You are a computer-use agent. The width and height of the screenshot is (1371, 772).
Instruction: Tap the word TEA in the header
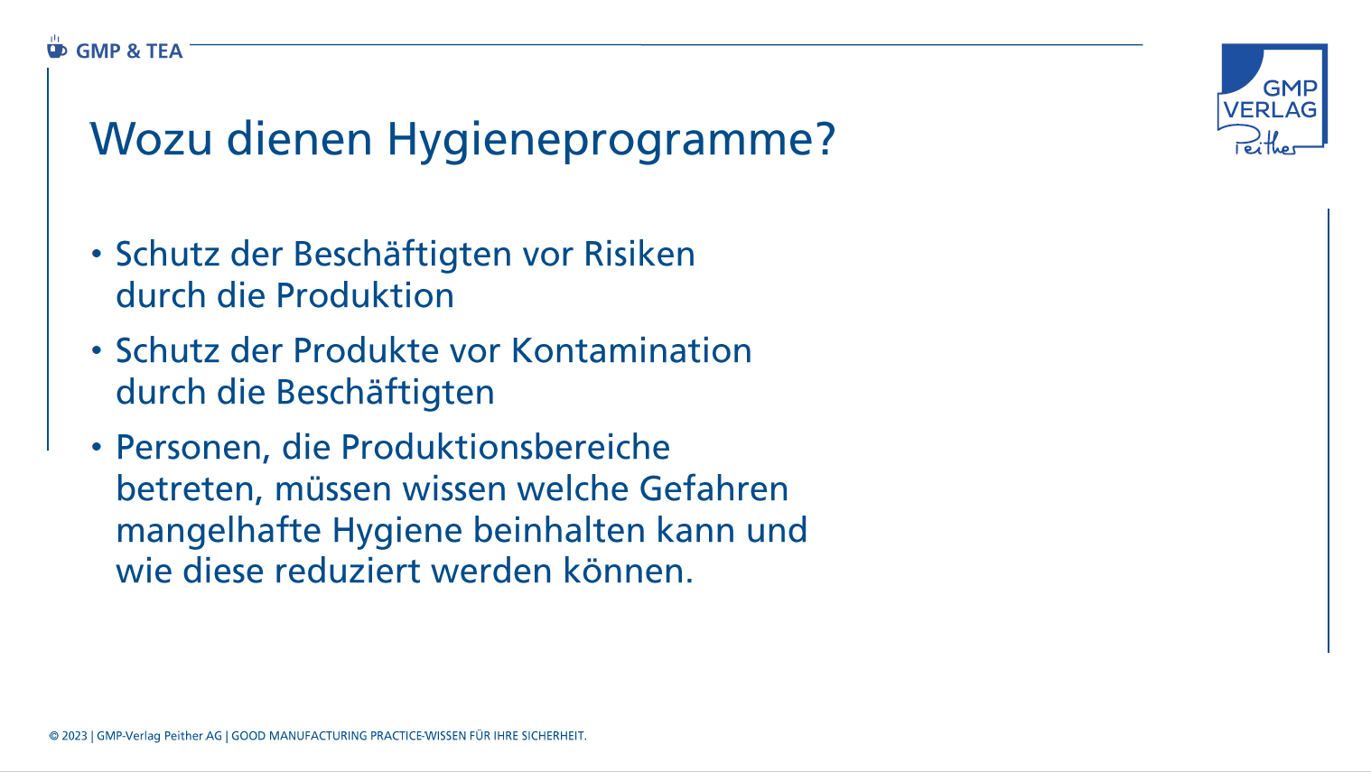click(x=164, y=51)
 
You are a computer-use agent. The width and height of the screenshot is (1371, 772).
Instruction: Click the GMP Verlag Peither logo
click(x=1272, y=98)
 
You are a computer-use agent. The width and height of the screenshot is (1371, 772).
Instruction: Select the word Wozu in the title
click(x=151, y=139)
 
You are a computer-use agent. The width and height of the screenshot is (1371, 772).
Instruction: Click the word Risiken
click(x=639, y=253)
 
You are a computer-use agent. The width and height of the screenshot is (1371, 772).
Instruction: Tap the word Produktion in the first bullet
click(x=365, y=295)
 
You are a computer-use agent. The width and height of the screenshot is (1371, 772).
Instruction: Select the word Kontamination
click(x=631, y=350)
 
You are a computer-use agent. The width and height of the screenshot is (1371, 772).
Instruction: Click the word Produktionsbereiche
click(x=506, y=447)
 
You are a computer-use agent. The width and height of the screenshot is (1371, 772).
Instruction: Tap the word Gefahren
click(x=713, y=488)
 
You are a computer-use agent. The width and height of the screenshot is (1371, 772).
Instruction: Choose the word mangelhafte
click(x=219, y=531)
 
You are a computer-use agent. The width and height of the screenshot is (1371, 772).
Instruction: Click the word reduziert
click(x=347, y=571)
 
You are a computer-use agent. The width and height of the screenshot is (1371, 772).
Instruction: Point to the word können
click(x=628, y=571)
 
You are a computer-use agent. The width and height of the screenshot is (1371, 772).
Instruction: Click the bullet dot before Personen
click(x=96, y=447)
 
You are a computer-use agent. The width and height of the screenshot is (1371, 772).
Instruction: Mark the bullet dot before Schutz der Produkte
click(x=96, y=350)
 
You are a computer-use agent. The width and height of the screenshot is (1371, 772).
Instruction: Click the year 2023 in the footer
click(x=75, y=736)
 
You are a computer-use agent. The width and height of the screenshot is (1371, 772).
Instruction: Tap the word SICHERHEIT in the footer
click(x=554, y=736)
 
